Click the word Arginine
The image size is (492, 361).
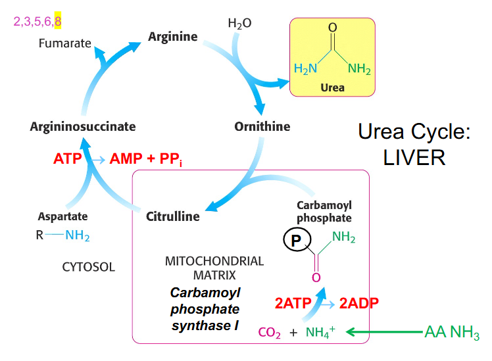(172, 37)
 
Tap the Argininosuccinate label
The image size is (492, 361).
(83, 126)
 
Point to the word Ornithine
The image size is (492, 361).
(262, 126)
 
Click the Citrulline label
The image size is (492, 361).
(172, 216)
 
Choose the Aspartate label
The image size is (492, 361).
(62, 216)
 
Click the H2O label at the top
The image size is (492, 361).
(239, 24)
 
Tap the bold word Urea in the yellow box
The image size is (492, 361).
(332, 87)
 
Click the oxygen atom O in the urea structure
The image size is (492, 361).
(332, 27)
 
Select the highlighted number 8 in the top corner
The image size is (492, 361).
(58, 22)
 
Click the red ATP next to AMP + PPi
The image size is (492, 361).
(68, 159)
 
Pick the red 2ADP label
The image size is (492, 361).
(359, 304)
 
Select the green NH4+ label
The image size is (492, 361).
(320, 332)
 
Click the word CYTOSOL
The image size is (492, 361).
(87, 267)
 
